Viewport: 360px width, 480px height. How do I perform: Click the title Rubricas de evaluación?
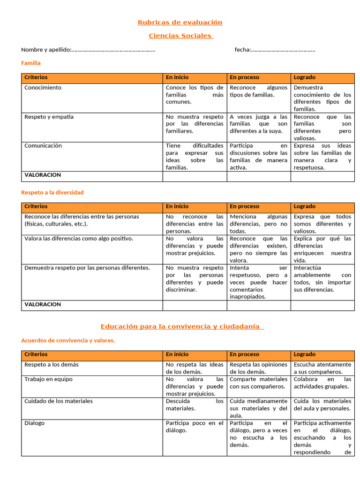click(180, 22)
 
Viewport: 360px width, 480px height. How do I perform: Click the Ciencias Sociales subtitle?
click(180, 36)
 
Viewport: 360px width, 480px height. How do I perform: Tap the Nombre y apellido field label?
click(46, 50)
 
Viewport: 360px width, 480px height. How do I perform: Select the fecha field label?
click(242, 50)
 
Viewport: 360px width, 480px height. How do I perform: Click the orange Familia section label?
click(31, 63)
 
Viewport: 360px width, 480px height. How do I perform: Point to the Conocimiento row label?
click(43, 88)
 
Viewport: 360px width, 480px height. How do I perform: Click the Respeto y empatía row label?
click(49, 117)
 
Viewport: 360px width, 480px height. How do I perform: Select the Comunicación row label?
click(43, 146)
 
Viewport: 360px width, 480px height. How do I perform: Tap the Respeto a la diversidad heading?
click(52, 192)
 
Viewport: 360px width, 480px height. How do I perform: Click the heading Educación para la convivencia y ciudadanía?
click(182, 327)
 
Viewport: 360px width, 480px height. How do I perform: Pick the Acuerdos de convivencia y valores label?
click(68, 340)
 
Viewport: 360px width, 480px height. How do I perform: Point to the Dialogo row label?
click(35, 423)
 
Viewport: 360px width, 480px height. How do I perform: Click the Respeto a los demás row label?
click(52, 365)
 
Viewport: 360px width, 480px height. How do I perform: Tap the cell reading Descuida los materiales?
click(195, 405)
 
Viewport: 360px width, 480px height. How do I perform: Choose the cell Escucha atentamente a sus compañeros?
click(322, 368)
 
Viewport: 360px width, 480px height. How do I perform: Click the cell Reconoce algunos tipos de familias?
click(258, 91)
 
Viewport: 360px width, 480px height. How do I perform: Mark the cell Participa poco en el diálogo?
click(195, 427)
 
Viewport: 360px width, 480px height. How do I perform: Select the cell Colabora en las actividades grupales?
click(322, 382)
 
